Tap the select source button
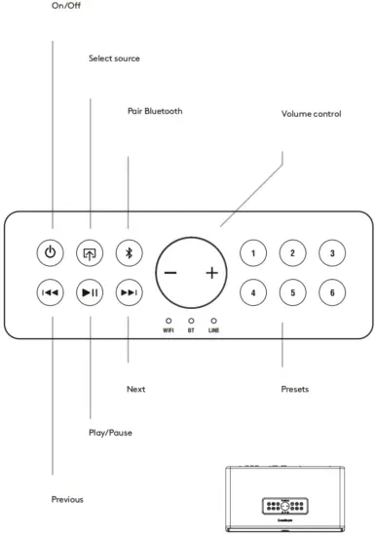coord(91,253)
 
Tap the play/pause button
coord(91,291)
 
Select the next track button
coord(129,291)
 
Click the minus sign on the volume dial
coord(170,273)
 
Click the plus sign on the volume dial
coord(211,273)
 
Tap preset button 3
coord(332,253)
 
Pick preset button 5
coord(292,291)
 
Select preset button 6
coord(332,291)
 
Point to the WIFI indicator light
coord(169,319)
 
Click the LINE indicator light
coord(213,319)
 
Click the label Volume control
coord(311,114)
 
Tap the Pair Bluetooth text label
coord(155,110)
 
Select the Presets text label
coord(293,389)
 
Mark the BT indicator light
coord(191,319)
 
